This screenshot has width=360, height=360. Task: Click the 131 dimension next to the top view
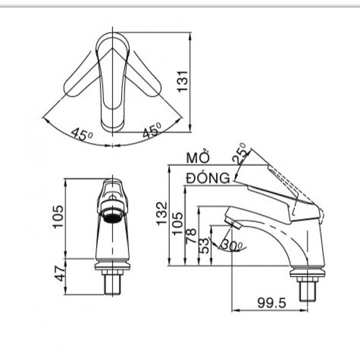(182, 80)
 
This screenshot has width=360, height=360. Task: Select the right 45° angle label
(151, 131)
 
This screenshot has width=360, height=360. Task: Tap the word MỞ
(198, 158)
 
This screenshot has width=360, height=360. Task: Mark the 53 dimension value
(205, 244)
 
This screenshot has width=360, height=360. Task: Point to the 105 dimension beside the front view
(58, 216)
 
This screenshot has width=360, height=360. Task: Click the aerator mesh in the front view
(112, 216)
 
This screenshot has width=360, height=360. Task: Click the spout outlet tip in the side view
(234, 224)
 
